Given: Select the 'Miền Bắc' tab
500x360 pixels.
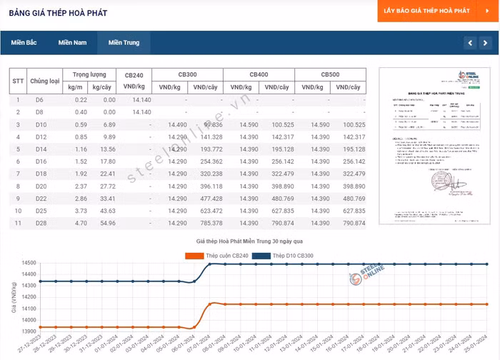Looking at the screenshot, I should tap(24, 43).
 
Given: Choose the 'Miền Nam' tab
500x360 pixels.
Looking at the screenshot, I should tap(72, 43).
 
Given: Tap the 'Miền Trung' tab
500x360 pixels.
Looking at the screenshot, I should tap(124, 43).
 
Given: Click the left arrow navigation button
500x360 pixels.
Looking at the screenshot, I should tap(469, 43).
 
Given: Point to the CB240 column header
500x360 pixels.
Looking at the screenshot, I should tap(134, 74).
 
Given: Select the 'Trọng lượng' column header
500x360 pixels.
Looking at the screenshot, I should tap(89, 74).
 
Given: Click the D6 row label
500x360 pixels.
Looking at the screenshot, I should tap(39, 100).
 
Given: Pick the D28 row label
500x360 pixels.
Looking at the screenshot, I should tap(40, 224).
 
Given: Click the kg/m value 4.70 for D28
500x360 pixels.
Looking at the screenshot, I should tap(80, 224).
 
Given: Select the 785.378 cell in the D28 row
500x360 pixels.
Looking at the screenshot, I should tap(207, 224).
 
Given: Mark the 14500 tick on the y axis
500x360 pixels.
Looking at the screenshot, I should tap(29, 264).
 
